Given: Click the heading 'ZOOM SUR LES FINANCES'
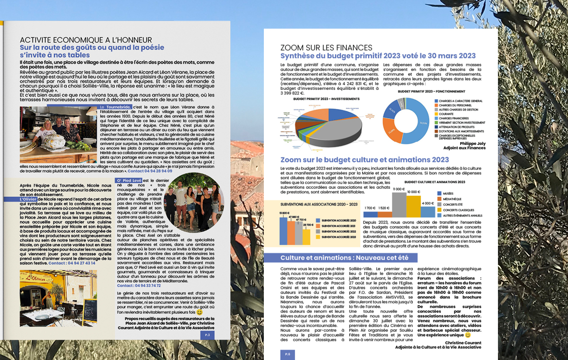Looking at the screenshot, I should click(x=326, y=48).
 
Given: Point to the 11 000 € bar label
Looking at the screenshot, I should click(x=399, y=190).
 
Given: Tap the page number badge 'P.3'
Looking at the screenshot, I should click(x=207, y=335).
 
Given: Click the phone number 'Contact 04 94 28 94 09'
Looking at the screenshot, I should click(x=150, y=170).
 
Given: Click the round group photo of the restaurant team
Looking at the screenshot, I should click(x=193, y=203).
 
